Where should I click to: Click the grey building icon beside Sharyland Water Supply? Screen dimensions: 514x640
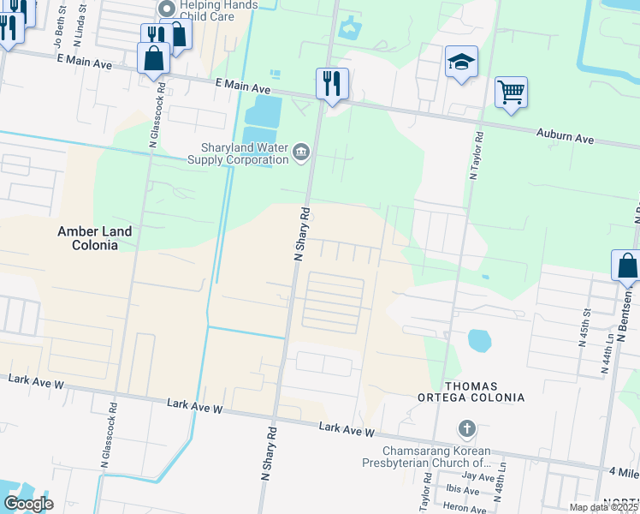click(301, 153)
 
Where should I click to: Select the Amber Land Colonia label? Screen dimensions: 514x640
click(94, 238)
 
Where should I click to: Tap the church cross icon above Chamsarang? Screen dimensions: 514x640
click(467, 427)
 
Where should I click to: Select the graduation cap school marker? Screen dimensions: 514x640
click(461, 63)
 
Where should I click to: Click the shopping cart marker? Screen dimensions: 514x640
click(511, 92)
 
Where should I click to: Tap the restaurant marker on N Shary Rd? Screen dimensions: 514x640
click(332, 84)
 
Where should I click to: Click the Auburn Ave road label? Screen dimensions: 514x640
click(565, 137)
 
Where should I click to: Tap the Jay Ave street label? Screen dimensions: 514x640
click(478, 476)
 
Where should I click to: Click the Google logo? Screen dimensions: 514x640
click(28, 503)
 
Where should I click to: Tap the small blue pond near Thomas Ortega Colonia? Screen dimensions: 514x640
click(480, 341)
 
